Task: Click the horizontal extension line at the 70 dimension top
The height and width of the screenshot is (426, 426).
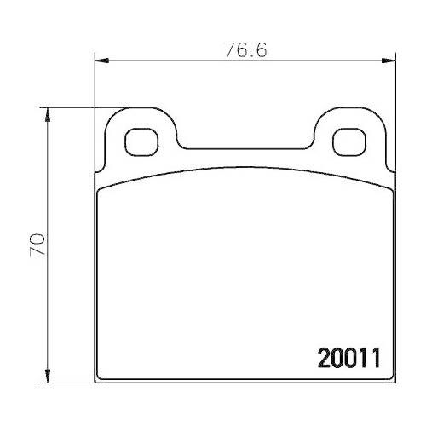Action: click(x=77, y=108)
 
